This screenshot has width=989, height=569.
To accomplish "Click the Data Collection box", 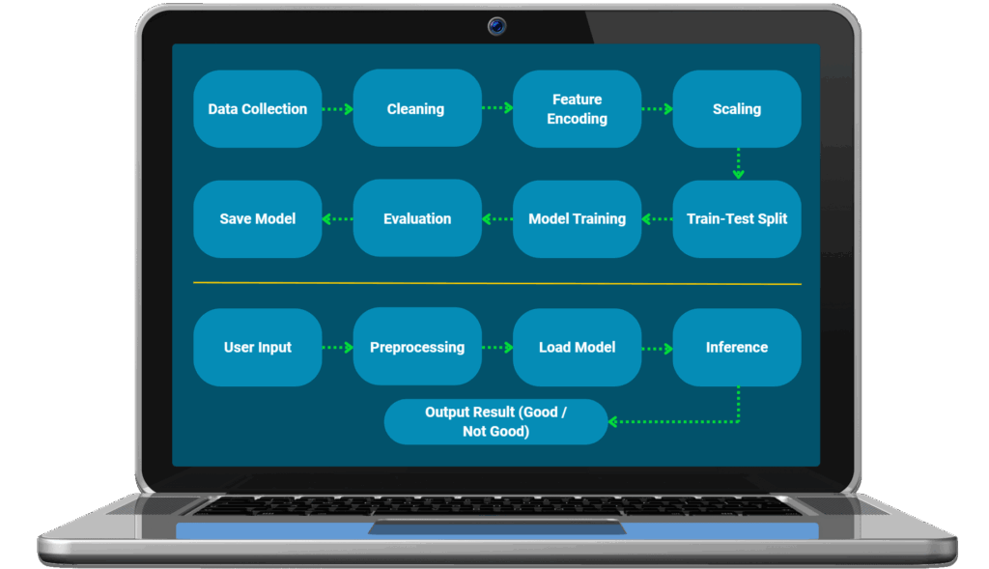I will coord(257,109).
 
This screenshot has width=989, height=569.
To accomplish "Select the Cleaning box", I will coord(416,109).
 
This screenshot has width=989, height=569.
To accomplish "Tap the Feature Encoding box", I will coord(577,109).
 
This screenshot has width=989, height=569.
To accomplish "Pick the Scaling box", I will coord(737,109).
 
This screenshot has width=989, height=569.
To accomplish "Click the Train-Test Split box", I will coord(737,219).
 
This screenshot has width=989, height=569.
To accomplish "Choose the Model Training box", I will coord(577,219).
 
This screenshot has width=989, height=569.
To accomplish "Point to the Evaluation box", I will coord(417,219).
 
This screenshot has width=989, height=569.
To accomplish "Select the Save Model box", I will coord(257,219).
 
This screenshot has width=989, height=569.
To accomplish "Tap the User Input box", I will coord(257,348).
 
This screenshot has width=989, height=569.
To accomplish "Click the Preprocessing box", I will coord(417,348).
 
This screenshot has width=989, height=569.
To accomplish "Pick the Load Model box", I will coord(577,348).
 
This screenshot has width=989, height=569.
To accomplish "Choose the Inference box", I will coord(737,348).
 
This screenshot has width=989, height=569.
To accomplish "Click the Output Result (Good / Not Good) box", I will coord(495,422).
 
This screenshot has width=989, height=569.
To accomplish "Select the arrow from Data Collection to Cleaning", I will coord(337,109).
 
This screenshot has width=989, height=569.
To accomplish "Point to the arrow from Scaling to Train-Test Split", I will coord(738,163).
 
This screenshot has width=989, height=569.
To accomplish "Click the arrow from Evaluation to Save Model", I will coord(337,219).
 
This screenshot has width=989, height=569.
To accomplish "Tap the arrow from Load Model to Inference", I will coord(657,348).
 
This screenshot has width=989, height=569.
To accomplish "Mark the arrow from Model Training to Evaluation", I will coord(496,219).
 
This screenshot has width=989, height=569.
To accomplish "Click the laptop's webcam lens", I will coord(496,26).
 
